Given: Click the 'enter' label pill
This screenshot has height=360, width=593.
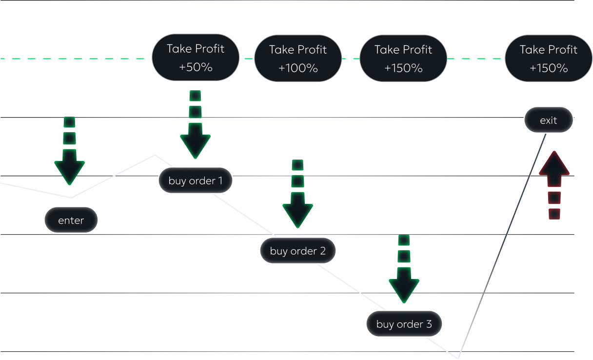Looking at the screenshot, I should [71, 220].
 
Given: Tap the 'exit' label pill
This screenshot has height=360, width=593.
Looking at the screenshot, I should [549, 120].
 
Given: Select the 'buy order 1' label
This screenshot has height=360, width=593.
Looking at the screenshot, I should [196, 181].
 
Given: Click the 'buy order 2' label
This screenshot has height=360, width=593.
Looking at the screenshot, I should [297, 251].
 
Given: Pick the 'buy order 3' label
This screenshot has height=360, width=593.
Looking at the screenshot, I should [404, 324].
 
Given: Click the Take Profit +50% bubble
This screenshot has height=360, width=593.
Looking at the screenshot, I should [196, 58].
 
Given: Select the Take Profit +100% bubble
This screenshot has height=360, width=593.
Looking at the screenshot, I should [298, 59].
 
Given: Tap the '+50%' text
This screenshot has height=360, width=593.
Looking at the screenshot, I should [196, 67].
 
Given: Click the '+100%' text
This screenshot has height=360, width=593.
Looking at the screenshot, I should [298, 68].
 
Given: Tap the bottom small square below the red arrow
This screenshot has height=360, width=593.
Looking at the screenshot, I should [554, 214].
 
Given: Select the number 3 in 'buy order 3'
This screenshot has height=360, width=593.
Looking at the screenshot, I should [429, 324].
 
